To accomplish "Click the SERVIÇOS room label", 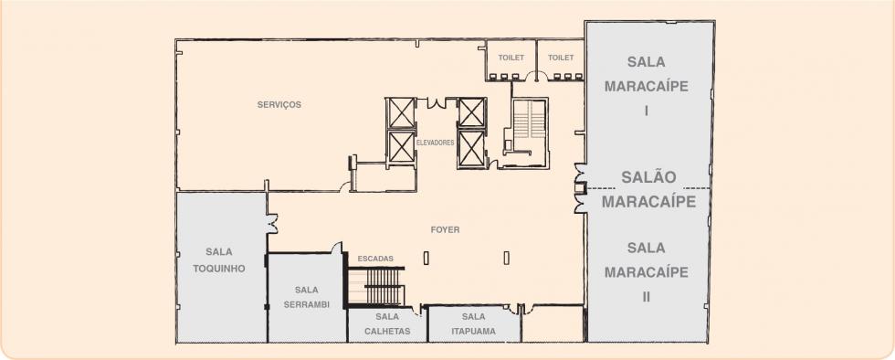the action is (279, 104).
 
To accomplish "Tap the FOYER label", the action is (446, 229).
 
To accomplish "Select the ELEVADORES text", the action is (436, 143).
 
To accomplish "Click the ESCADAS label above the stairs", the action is (375, 259).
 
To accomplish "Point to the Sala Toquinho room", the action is (221, 267).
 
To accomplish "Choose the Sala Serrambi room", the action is (307, 297).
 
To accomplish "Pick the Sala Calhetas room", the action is (387, 324).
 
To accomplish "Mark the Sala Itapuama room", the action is (474, 324).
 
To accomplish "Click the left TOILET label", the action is (511, 58).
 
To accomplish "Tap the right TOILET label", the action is (561, 58).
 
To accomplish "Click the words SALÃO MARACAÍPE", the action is (649, 189).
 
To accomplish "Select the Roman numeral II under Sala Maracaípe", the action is (647, 297).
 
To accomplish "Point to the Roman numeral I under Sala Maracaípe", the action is (647, 111).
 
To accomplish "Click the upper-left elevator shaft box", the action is (401, 113).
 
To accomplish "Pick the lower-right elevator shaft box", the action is (472, 149).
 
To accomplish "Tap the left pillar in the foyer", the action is (426, 259).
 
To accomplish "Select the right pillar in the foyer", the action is (506, 259).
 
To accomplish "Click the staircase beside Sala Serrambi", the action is (376, 286).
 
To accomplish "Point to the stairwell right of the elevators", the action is (529, 132).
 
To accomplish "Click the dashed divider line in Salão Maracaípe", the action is (649, 188).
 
